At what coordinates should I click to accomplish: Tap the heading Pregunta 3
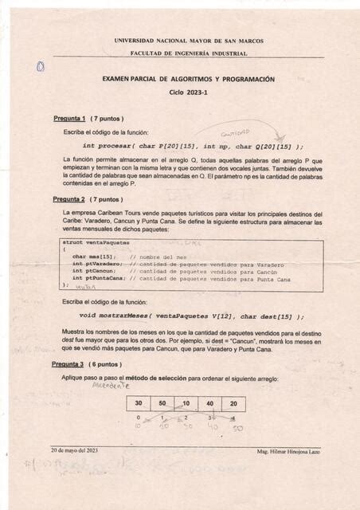(x=70, y=363)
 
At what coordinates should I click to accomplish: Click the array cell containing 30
(x=139, y=403)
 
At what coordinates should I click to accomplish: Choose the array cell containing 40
(x=209, y=403)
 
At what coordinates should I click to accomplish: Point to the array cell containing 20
(x=233, y=403)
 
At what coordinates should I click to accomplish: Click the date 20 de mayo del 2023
(x=74, y=451)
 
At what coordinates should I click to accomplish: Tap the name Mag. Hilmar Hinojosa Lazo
(x=288, y=452)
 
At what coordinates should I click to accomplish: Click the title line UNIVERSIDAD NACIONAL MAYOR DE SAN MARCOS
(x=189, y=41)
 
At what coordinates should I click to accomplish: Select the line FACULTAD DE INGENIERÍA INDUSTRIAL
(x=189, y=53)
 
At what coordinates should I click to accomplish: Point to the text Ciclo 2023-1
(x=188, y=92)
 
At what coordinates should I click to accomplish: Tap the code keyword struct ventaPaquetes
(x=96, y=241)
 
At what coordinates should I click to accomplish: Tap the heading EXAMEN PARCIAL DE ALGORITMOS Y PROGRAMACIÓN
(x=189, y=80)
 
